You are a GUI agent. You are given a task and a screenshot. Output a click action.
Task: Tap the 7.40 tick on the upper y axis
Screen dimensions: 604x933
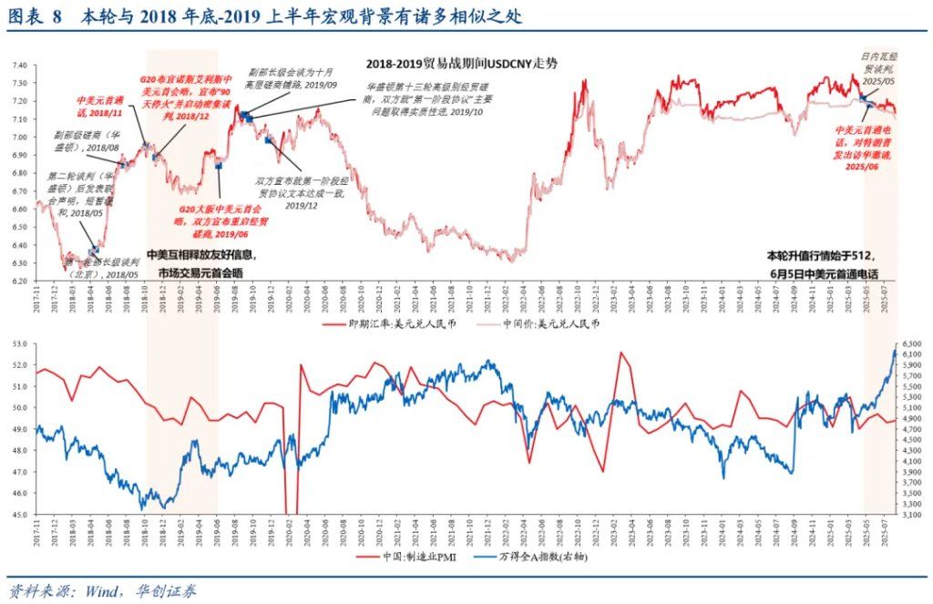[x=18, y=66]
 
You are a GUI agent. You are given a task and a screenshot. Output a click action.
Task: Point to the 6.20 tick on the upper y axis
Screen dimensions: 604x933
[x=18, y=281]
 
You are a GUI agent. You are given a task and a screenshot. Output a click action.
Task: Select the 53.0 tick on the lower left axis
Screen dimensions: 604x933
[x=18, y=344]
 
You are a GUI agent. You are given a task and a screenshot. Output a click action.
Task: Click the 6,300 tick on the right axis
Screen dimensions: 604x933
[x=914, y=344]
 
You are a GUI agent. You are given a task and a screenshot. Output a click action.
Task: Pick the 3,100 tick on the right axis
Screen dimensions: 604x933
[x=914, y=515]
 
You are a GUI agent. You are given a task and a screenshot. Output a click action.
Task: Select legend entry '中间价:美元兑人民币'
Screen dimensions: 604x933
[x=553, y=322]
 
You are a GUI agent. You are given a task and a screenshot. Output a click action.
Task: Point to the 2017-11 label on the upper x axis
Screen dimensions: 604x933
[x=37, y=299]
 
